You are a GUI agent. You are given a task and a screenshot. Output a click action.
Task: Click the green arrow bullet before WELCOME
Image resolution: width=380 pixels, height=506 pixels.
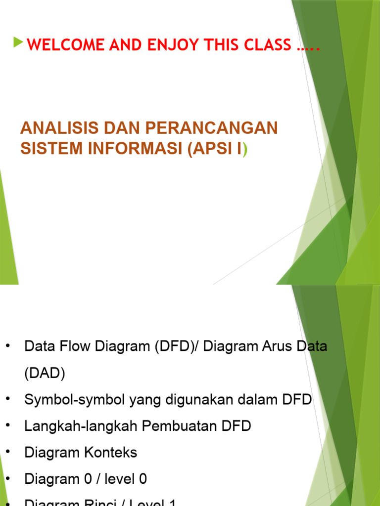coord(18,43)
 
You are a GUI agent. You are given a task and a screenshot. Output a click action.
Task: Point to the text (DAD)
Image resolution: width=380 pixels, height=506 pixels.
coord(45,374)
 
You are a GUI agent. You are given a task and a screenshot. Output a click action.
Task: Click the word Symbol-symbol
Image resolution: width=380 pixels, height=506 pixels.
coord(75,400)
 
